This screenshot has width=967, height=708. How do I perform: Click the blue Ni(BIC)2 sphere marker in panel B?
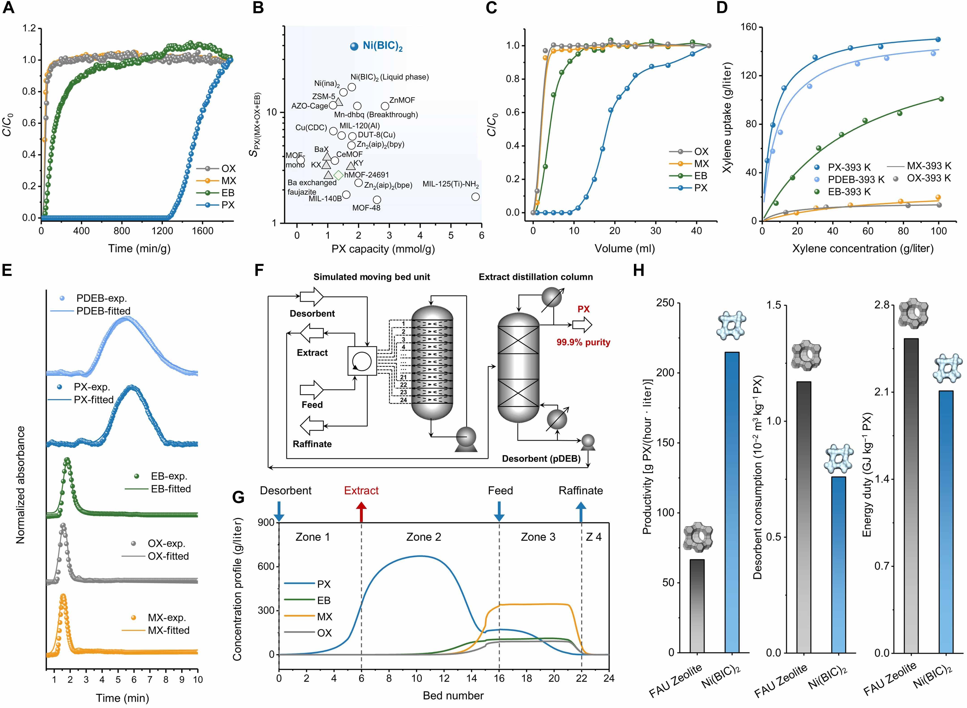(x=354, y=46)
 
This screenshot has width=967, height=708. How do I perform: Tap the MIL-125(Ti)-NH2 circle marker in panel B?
(x=475, y=197)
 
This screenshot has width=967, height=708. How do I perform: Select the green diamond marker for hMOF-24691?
(x=338, y=175)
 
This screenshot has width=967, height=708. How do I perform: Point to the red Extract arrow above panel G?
(x=362, y=512)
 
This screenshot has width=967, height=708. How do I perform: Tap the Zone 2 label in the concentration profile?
(x=424, y=537)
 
